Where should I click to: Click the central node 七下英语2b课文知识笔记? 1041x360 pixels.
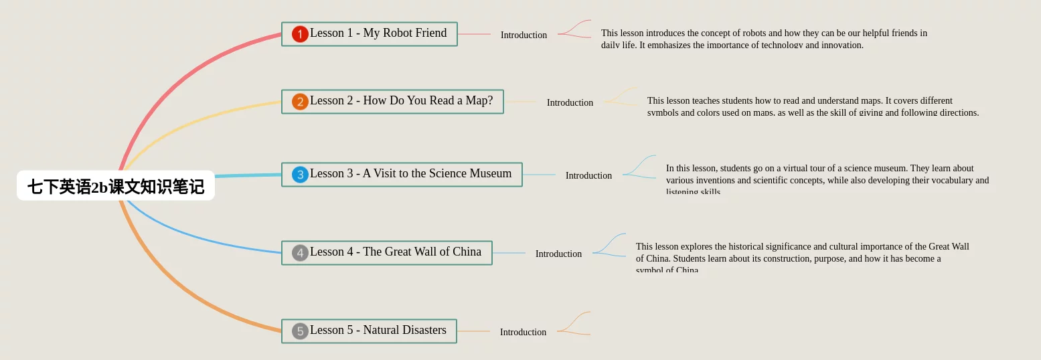[x=115, y=186]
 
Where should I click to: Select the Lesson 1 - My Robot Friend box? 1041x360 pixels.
[x=378, y=33]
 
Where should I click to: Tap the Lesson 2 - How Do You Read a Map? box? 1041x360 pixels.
[x=401, y=101]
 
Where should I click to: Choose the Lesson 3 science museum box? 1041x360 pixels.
[x=410, y=174]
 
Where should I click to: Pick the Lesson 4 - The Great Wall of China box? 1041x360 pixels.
[x=395, y=252]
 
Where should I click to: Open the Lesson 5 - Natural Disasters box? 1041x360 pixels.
[x=378, y=331]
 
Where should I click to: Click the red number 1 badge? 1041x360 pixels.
[x=300, y=34]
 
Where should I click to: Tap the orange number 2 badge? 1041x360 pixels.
[x=300, y=102]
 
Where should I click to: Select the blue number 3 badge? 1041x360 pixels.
[x=300, y=175]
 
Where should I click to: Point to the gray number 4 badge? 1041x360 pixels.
[x=300, y=253]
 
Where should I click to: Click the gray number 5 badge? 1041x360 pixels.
[x=300, y=331]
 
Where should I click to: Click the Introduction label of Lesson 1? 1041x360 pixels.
[x=524, y=35]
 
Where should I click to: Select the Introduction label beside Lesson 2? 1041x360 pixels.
[x=570, y=102]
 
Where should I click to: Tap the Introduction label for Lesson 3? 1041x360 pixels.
[x=588, y=175]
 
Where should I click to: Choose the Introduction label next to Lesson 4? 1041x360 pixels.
[x=558, y=254]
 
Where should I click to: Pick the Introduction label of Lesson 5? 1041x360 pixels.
[x=523, y=332]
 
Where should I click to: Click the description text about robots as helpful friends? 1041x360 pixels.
[x=764, y=39]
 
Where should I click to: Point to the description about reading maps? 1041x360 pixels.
[x=813, y=106]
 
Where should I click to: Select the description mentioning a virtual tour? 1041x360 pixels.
[x=827, y=179]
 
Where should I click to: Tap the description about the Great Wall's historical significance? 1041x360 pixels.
[x=802, y=258]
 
